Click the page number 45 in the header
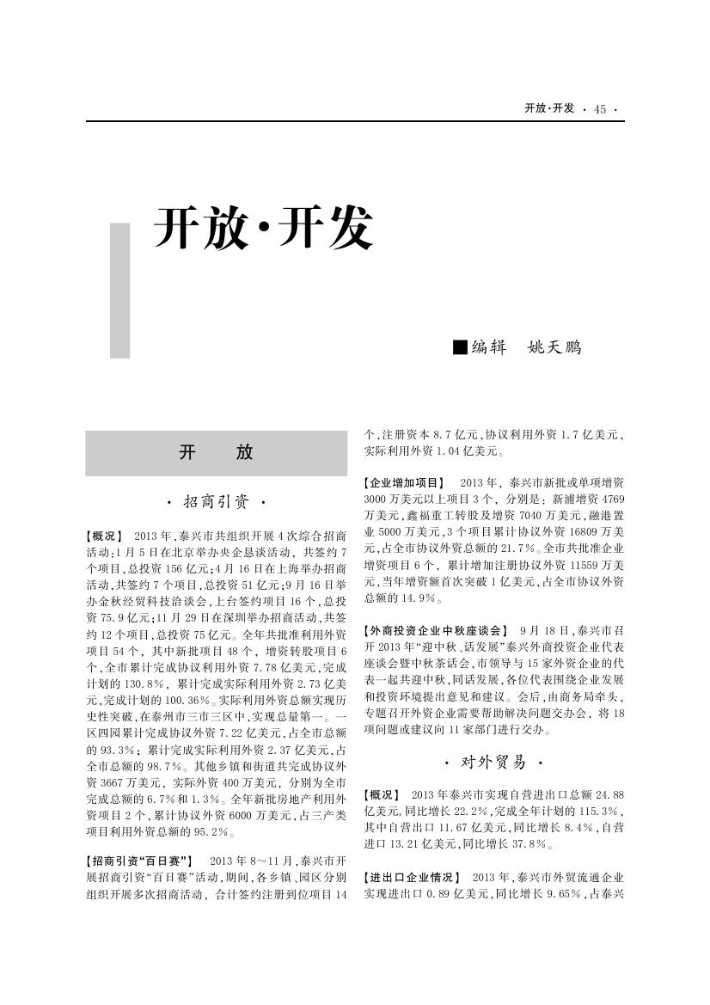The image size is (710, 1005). [599, 109]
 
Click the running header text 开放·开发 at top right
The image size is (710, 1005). [548, 108]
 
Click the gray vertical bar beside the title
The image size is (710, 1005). [120, 291]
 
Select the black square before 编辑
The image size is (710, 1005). [460, 347]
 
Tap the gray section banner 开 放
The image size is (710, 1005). [216, 453]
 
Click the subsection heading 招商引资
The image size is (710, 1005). [217, 501]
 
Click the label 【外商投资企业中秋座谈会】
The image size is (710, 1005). [436, 631]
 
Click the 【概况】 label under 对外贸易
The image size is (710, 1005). [382, 794]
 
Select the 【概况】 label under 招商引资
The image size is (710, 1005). [104, 535]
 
